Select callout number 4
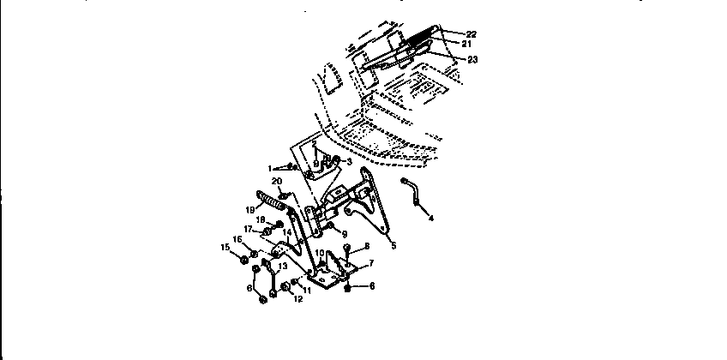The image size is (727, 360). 431,219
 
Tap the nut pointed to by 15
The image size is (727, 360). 245,259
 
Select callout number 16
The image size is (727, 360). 237,239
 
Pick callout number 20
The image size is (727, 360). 276,181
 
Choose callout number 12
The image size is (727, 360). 297,299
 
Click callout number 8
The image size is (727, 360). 366,247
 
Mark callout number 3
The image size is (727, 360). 349,160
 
